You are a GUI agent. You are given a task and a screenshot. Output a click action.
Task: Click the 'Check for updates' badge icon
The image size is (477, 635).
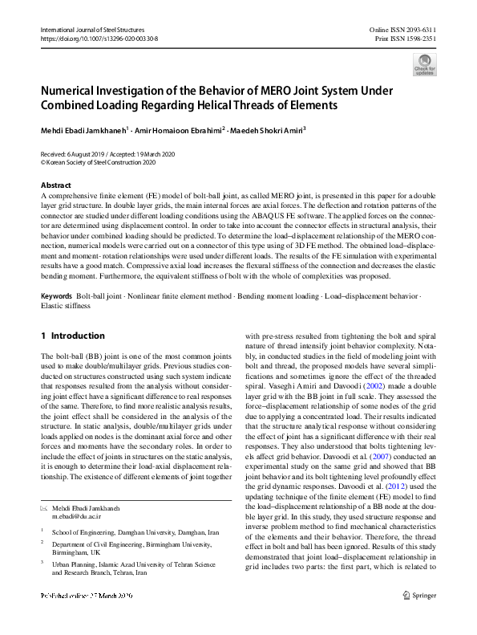(x=424, y=63)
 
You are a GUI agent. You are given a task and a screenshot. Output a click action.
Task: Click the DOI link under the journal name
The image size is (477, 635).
(x=99, y=38)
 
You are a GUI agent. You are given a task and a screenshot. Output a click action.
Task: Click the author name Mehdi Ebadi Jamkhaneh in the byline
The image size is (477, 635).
(x=83, y=128)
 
